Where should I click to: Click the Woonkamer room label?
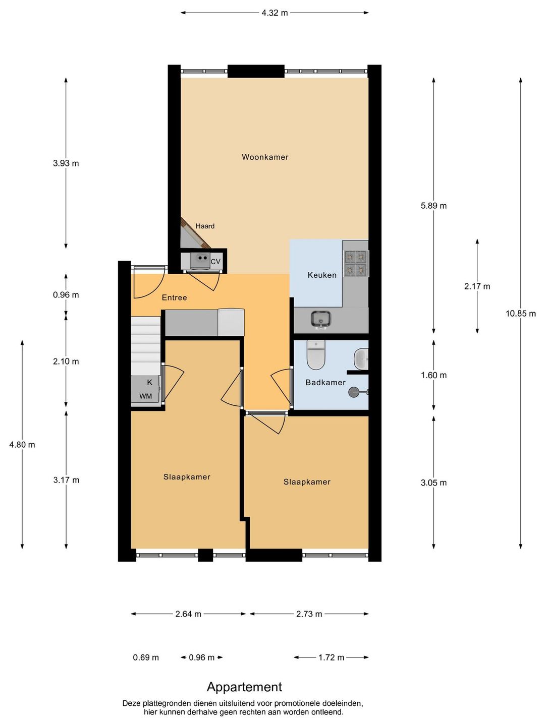pyautogui.click(x=265, y=157)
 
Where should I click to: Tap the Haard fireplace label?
pyautogui.click(x=205, y=226)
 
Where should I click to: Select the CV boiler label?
pyautogui.click(x=215, y=262)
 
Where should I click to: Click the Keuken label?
pyautogui.click(x=321, y=275)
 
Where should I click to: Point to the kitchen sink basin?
pyautogui.click(x=320, y=319)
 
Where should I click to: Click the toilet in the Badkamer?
pyautogui.click(x=316, y=355)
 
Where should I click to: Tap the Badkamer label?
pyautogui.click(x=325, y=382)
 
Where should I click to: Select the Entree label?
pyautogui.click(x=174, y=297)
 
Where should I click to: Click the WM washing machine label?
pyautogui.click(x=145, y=396)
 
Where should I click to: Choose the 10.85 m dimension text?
pyautogui.click(x=520, y=314)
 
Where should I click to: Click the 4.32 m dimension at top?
pyautogui.click(x=275, y=13)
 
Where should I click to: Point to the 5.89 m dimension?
pyautogui.click(x=433, y=206)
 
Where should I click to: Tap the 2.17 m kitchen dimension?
pyautogui.click(x=477, y=286)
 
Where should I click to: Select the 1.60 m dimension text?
pyautogui.click(x=433, y=376)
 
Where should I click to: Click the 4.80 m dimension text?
pyautogui.click(x=22, y=445)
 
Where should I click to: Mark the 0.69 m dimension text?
pyautogui.click(x=146, y=657)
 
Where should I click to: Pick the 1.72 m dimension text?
pyautogui.click(x=331, y=657)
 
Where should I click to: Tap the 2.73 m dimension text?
pyautogui.click(x=309, y=614)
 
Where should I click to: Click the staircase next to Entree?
pyautogui.click(x=146, y=346)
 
